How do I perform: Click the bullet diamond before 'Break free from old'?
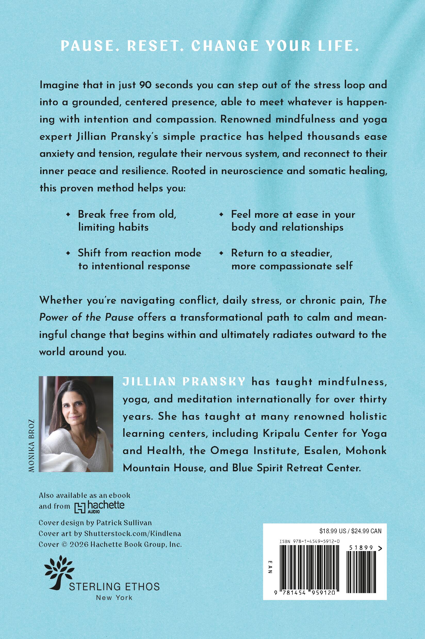(x=68, y=215)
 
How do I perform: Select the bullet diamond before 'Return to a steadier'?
(x=222, y=253)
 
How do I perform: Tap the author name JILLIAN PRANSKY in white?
(x=184, y=382)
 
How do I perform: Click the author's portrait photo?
(x=76, y=424)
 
